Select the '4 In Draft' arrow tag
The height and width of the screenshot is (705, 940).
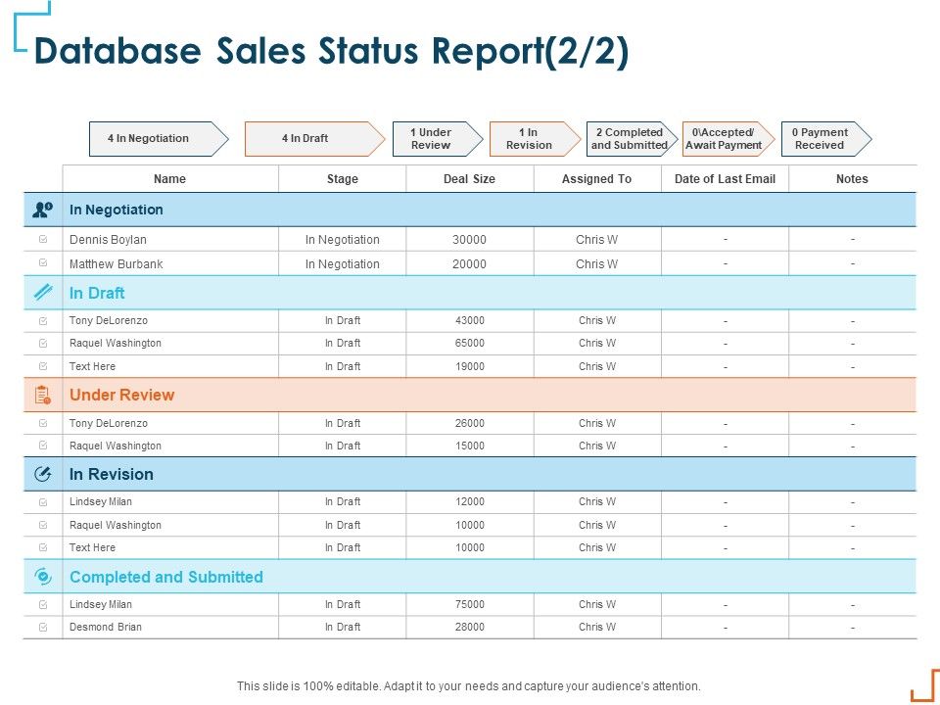coord(307,138)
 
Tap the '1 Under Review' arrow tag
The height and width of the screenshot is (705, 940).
coord(432,138)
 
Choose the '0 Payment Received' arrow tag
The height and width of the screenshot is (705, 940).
coord(821,138)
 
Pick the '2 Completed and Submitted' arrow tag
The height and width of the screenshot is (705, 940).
coord(629,138)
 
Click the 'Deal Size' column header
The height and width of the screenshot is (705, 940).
coord(469,179)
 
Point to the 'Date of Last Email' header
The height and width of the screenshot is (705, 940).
coord(725,179)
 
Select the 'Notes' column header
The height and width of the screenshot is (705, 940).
coord(852,179)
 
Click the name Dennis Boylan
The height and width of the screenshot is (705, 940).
coord(108,239)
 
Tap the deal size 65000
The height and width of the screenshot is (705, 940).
coord(469,344)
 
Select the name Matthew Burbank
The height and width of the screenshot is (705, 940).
coord(116,264)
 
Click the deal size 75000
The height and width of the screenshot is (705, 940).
coord(469,605)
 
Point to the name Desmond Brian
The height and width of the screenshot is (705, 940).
coord(106,627)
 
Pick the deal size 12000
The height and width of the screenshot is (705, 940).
coord(469,502)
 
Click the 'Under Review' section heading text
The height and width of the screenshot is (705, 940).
coord(121,396)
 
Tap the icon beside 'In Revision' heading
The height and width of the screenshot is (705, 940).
coord(42,474)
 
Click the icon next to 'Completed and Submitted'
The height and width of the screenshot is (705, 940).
coord(42,577)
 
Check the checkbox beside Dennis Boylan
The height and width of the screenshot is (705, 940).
coord(43,239)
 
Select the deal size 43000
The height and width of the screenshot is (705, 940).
coord(469,320)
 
